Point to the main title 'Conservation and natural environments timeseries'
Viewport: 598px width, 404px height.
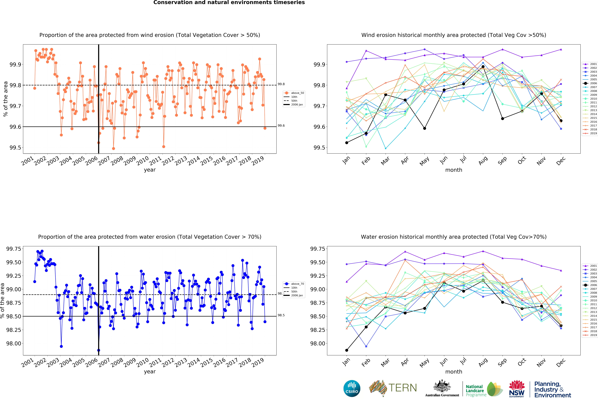tap(229, 3)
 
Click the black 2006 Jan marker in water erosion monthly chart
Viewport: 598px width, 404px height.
tap(347, 350)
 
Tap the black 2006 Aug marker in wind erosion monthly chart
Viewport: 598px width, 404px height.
tap(483, 67)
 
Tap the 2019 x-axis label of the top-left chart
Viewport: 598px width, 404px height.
tap(258, 160)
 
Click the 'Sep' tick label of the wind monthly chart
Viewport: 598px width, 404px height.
tap(502, 160)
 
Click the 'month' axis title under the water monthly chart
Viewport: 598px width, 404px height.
tap(454, 372)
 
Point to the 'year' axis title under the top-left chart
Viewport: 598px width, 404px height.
tap(150, 170)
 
